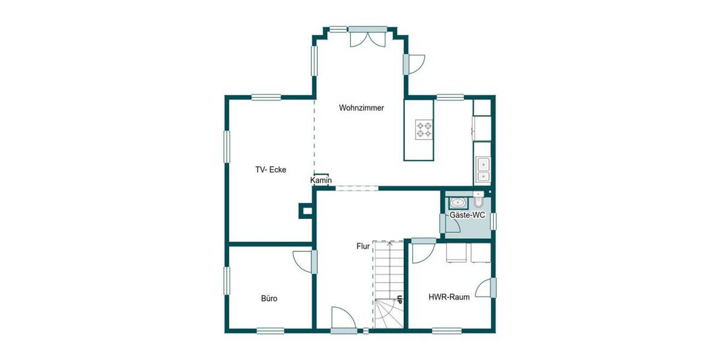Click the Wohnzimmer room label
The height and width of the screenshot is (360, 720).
(x=361, y=108)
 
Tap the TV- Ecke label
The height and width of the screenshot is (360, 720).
(x=271, y=170)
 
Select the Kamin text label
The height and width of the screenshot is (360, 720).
(x=321, y=181)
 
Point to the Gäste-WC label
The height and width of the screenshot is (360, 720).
(x=467, y=215)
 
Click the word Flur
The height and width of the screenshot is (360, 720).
(x=362, y=246)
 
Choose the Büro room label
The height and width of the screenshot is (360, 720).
(x=269, y=298)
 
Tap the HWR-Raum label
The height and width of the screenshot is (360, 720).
(x=449, y=298)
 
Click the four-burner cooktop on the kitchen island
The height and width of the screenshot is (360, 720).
(x=424, y=130)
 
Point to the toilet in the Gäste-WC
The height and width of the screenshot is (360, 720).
(x=478, y=198)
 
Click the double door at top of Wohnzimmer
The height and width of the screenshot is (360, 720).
(x=368, y=37)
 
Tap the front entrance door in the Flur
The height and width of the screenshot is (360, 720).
(x=343, y=319)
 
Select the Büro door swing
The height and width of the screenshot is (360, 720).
(x=303, y=262)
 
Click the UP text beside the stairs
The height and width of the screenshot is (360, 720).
(x=399, y=298)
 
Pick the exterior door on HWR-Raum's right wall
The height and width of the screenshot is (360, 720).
(x=485, y=288)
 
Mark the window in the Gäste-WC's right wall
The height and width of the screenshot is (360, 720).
(x=493, y=221)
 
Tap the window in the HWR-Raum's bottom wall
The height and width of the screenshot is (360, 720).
(x=447, y=330)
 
